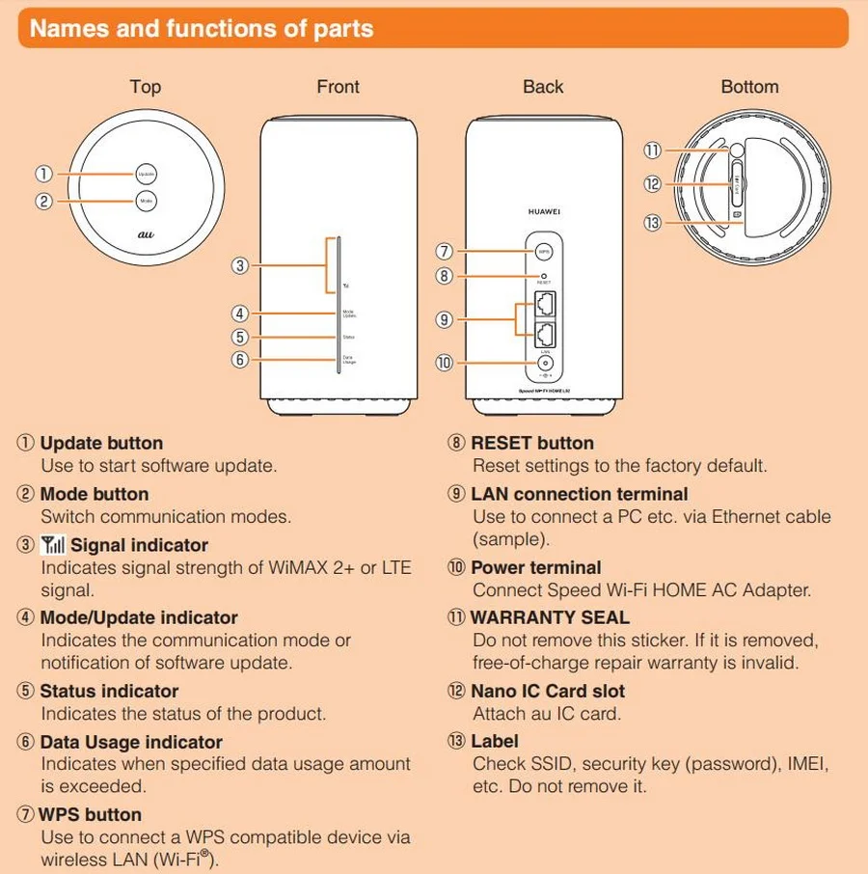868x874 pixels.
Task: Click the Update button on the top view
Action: (x=146, y=175)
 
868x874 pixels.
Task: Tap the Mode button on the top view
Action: (x=146, y=202)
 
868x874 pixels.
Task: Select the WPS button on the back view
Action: (x=544, y=251)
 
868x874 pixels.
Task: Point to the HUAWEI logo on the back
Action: (x=544, y=210)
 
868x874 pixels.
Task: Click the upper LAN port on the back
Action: (x=544, y=306)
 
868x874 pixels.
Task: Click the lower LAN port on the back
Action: (x=544, y=335)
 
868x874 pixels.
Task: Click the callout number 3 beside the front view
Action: (x=241, y=264)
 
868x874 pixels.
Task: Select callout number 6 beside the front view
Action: (x=241, y=359)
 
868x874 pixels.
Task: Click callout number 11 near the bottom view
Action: (x=653, y=150)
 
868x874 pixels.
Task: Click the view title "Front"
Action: (x=338, y=87)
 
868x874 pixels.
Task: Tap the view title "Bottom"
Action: (x=749, y=87)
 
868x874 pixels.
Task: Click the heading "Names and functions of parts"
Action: (x=202, y=28)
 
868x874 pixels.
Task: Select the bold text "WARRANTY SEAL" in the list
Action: (x=550, y=617)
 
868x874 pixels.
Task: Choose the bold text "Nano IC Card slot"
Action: (x=548, y=691)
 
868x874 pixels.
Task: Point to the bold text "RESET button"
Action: (x=532, y=443)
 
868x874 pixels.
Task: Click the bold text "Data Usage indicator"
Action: (x=131, y=742)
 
